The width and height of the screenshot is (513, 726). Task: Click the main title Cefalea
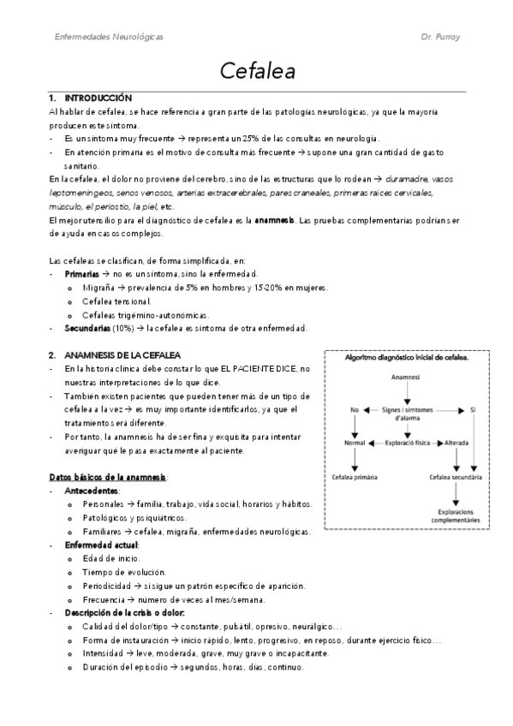tap(257, 70)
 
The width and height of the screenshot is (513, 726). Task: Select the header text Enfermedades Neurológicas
tap(109, 38)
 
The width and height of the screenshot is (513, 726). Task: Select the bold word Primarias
tap(82, 274)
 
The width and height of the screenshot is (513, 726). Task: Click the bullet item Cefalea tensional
tap(117, 301)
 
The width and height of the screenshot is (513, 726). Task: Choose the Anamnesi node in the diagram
tap(405, 377)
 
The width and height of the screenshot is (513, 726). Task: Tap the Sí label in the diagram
tap(473, 410)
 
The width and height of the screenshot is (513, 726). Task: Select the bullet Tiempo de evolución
tap(124, 572)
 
